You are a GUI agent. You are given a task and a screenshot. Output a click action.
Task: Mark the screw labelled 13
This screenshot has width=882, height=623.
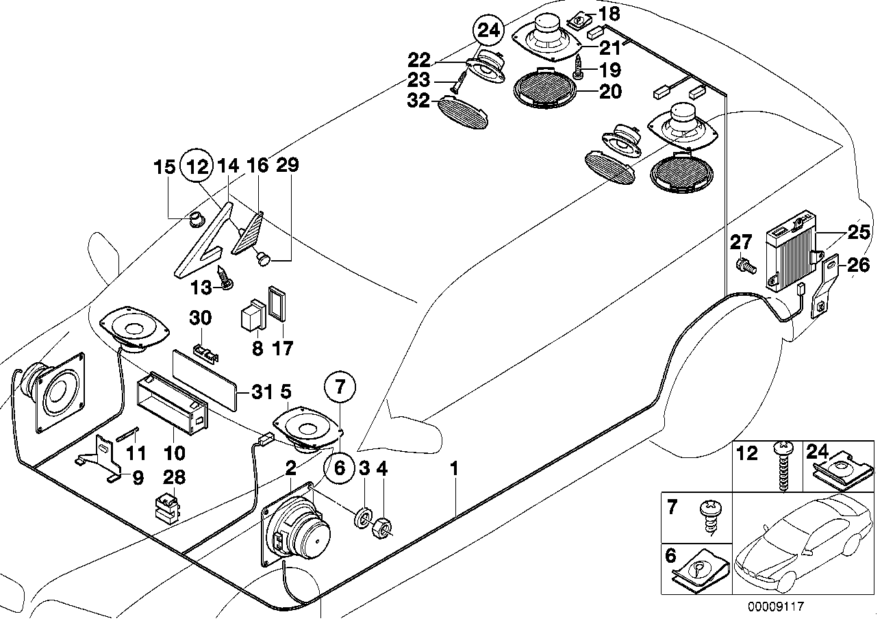click(225, 278)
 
